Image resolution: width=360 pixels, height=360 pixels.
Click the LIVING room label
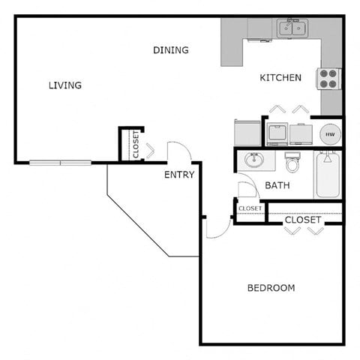tap(64, 85)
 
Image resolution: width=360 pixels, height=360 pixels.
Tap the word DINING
tap(170, 50)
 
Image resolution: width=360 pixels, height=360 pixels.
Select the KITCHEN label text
tap(280, 77)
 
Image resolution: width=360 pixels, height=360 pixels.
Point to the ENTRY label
tap(179, 175)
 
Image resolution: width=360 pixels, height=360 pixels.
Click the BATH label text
tap(277, 185)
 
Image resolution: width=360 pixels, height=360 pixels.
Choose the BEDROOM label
tap(271, 287)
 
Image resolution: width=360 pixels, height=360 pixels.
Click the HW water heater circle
tap(329, 133)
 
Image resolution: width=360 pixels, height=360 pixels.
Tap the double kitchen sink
tap(292, 28)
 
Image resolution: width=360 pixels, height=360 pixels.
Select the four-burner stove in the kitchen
tap(329, 78)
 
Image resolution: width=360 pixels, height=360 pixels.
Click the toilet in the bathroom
tap(292, 161)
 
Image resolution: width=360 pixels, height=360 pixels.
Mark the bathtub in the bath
tap(327, 174)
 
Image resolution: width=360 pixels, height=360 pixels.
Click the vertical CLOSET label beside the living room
tap(136, 144)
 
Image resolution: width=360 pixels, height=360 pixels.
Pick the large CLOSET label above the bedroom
tap(303, 220)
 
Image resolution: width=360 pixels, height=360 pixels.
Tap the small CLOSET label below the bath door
tap(250, 208)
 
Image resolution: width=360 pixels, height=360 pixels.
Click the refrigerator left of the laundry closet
tap(247, 133)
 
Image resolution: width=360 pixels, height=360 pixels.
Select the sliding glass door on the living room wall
tap(60, 162)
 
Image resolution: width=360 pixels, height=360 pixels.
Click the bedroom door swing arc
tap(218, 227)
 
